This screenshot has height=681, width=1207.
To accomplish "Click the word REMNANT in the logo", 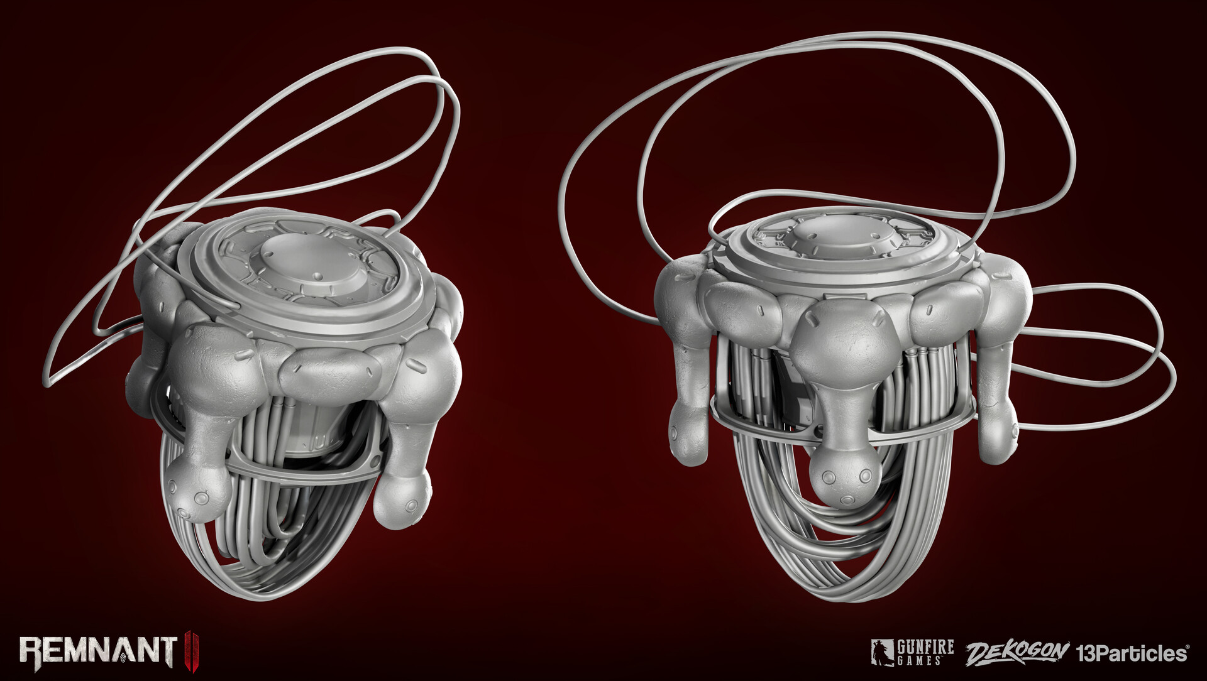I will pyautogui.click(x=98, y=650).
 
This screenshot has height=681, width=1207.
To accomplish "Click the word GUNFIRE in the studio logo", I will pyautogui.click(x=925, y=647).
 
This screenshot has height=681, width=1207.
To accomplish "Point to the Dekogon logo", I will pyautogui.click(x=1017, y=653).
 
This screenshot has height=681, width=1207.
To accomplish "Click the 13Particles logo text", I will pyautogui.click(x=1132, y=653).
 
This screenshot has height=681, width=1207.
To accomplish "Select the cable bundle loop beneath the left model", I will pyautogui.click(x=251, y=565).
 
